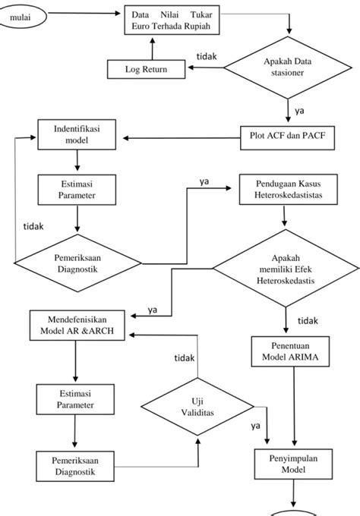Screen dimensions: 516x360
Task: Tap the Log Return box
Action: (147, 70)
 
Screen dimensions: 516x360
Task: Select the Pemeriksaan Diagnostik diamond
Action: (77, 263)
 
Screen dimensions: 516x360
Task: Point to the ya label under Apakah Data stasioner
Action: (299, 110)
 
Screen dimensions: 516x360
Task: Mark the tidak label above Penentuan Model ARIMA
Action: (308, 320)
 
